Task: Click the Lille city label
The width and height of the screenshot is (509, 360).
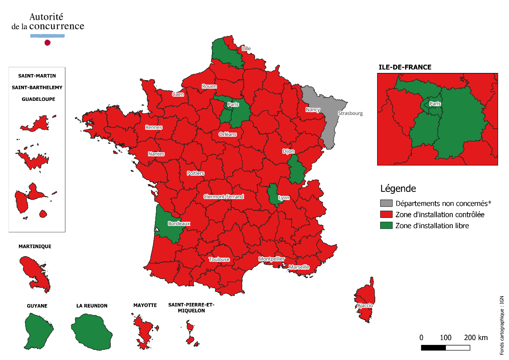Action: [246, 49]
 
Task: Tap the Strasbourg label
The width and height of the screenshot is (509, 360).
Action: [350, 113]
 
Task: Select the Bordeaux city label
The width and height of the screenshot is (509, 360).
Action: [179, 224]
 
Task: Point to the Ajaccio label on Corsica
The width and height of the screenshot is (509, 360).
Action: [365, 306]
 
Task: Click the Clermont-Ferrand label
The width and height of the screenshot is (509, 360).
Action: [224, 197]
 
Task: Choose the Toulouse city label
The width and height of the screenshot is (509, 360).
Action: [219, 260]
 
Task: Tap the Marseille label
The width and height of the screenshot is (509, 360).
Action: [299, 267]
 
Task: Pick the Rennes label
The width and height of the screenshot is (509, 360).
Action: [154, 128]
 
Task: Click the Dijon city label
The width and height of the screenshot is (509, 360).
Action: [288, 151]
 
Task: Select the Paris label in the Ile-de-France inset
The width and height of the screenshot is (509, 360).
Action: [435, 104]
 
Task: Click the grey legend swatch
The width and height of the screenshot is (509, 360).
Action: [386, 203]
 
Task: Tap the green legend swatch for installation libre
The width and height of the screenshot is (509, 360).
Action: [386, 226]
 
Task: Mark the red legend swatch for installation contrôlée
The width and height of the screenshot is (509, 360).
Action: [386, 215]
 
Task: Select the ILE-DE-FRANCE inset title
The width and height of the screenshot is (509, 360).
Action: [405, 67]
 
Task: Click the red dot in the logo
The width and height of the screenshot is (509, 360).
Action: [48, 43]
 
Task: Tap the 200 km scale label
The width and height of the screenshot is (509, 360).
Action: [476, 338]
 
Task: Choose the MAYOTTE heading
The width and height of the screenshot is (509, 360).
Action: [145, 305]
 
